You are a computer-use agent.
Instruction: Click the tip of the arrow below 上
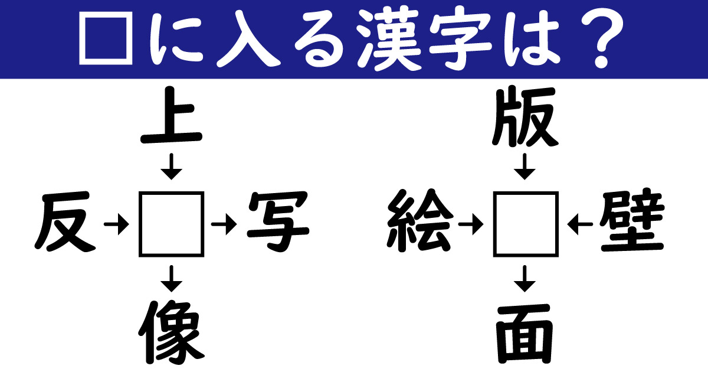point(171,180)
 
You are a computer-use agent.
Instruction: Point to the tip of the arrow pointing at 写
point(237,224)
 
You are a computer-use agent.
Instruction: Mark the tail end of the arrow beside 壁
point(593,224)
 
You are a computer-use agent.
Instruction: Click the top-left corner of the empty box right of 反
point(139,192)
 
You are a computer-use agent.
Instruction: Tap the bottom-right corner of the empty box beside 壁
point(558,256)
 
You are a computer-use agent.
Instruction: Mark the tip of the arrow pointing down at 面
point(525,292)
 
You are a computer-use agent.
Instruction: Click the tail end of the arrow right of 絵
point(458,224)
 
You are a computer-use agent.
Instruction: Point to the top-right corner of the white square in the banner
point(132,12)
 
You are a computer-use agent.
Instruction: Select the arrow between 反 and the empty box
point(116,224)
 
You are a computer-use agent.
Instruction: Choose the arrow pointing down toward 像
point(171,279)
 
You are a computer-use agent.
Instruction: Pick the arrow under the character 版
point(525,167)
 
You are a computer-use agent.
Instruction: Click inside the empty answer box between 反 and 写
point(171,224)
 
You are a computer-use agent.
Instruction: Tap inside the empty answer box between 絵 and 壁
point(526,224)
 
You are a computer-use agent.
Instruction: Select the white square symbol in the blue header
point(106,38)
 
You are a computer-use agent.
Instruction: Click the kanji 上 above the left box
point(171,116)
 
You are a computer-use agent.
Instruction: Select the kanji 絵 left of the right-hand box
point(420,221)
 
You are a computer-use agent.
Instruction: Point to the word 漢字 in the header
point(424,39)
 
